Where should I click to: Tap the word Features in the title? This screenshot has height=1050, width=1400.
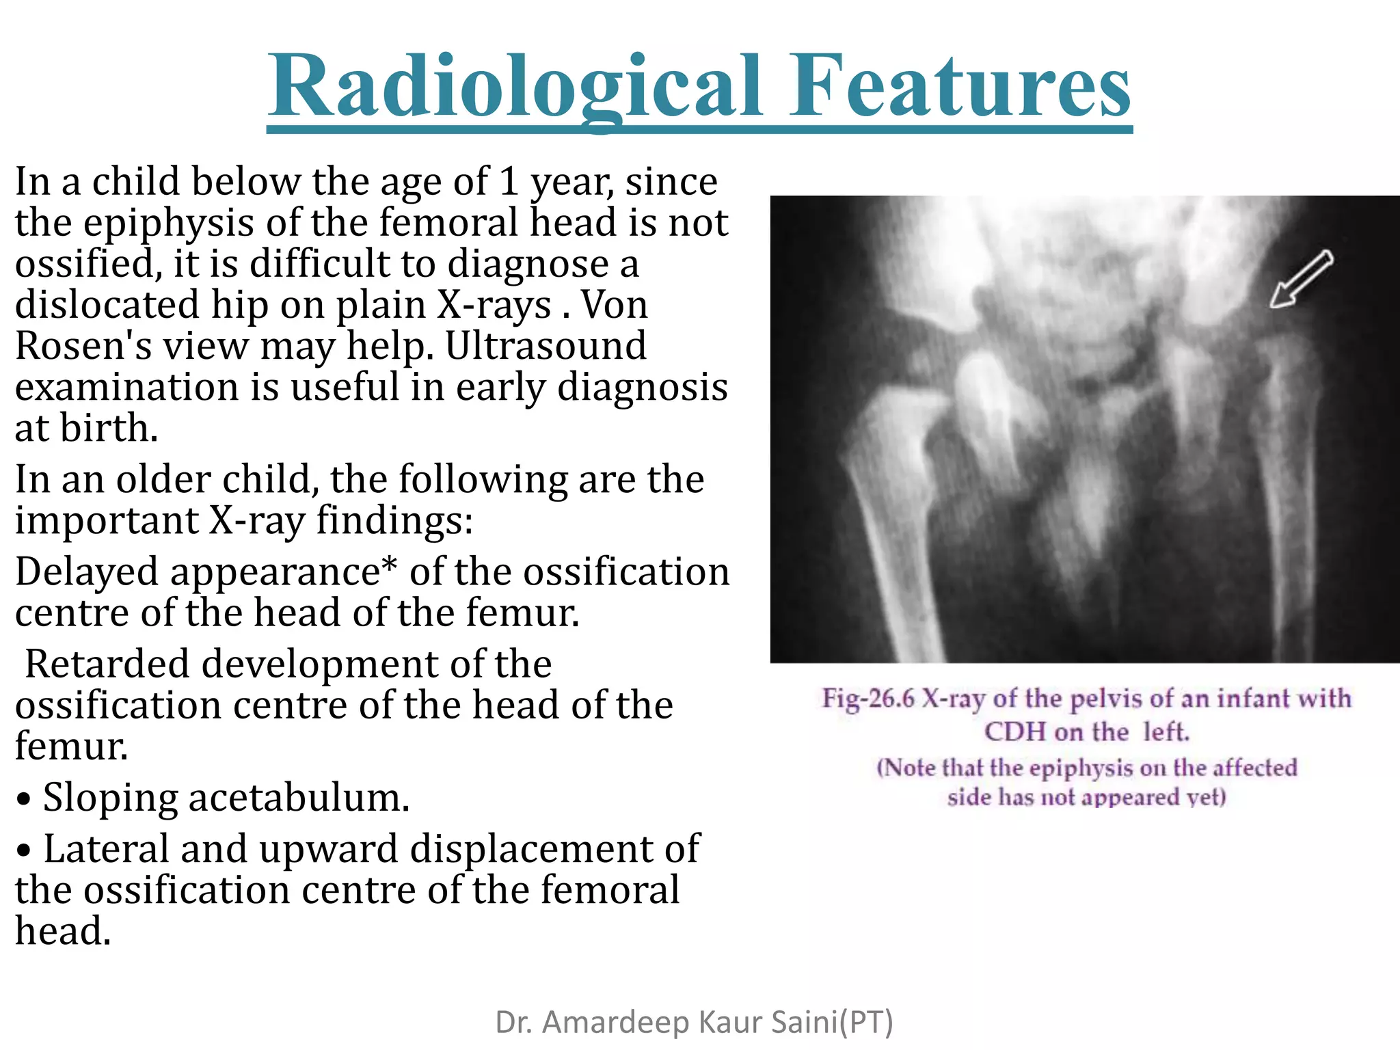click(x=960, y=87)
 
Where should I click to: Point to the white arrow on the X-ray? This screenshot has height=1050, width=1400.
click(x=1301, y=278)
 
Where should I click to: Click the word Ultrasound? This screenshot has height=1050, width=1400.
click(x=546, y=345)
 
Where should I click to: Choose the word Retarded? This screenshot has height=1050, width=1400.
click(x=107, y=664)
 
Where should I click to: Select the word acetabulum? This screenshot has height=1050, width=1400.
click(x=299, y=797)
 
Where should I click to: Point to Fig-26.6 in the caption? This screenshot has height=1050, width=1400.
click(x=867, y=698)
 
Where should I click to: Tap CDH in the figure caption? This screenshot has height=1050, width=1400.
click(x=1014, y=731)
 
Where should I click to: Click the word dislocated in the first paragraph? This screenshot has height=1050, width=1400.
click(x=107, y=304)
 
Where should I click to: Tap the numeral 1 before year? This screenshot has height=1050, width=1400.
click(x=508, y=181)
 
